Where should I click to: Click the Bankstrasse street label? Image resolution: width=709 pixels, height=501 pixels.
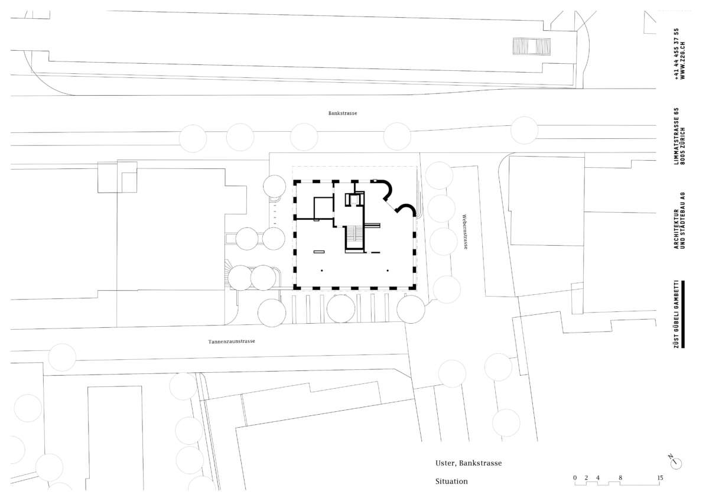343,113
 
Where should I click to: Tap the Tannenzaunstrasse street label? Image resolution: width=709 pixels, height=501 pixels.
232,341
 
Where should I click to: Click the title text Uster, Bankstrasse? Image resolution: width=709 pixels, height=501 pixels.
469,463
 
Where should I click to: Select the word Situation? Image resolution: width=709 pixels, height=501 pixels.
451,482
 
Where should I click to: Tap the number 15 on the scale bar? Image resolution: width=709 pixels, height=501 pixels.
660,477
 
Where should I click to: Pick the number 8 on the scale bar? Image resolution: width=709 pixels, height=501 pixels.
620,477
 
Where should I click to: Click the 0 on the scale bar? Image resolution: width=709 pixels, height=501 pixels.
575,477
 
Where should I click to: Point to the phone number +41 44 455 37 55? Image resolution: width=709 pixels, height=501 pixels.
677,54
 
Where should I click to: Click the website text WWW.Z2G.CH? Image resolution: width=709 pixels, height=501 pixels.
683,60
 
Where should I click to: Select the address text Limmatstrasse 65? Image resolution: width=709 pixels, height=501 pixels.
677,136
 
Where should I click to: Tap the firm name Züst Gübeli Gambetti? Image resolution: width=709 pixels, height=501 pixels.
677,314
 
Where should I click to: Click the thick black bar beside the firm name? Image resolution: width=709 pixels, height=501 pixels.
683,314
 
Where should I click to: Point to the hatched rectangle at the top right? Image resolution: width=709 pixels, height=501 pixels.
532,46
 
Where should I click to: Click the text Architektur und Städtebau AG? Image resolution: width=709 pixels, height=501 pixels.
679,220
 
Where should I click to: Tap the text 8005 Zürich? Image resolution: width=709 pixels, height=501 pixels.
683,146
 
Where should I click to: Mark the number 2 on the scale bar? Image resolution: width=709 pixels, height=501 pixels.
586,477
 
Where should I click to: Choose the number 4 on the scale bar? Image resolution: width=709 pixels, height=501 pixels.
597,477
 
